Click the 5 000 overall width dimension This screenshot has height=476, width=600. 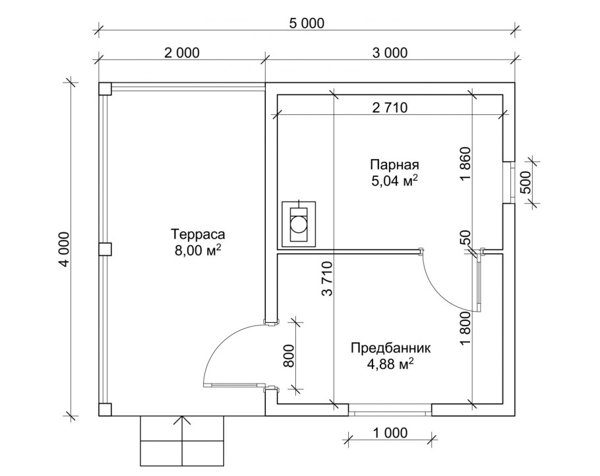click(x=307, y=23)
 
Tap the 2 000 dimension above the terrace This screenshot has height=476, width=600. click(x=182, y=53)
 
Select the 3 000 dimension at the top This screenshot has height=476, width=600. click(x=390, y=53)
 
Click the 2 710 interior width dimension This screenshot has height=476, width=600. click(x=390, y=108)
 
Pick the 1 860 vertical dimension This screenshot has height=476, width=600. click(x=465, y=164)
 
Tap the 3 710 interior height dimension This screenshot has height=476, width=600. click(x=327, y=279)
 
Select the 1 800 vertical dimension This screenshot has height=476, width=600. click(x=465, y=328)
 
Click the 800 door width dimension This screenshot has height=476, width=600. click(x=289, y=356)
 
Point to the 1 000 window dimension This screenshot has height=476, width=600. click(x=390, y=432)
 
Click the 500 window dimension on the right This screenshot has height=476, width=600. click(x=527, y=182)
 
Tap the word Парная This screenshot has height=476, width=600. click(x=394, y=165)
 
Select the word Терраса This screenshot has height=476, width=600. click(x=198, y=234)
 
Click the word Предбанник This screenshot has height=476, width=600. click(x=391, y=349)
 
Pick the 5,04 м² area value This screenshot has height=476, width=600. click(x=394, y=180)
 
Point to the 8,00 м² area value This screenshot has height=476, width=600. click(x=198, y=250)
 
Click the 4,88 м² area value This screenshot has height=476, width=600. click(x=390, y=364)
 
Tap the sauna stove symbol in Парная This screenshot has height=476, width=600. click(x=299, y=224)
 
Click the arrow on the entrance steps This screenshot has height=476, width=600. click(x=182, y=441)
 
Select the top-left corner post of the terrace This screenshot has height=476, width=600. click(x=105, y=88)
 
